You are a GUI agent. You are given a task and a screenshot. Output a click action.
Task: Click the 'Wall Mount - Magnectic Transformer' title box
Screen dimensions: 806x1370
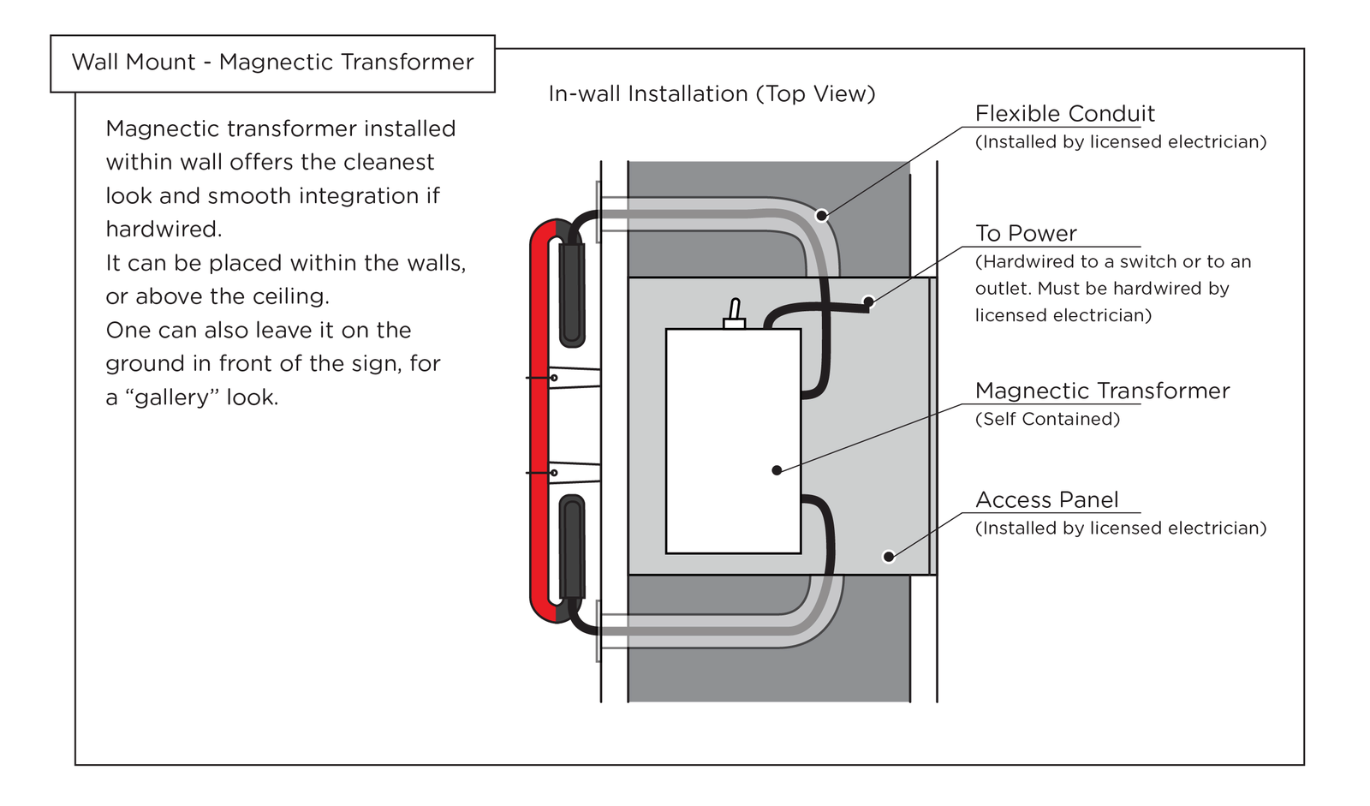272,63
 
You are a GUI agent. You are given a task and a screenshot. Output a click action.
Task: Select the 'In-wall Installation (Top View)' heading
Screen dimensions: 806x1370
712,93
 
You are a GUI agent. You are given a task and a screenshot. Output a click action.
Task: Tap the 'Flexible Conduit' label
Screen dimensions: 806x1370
1064,114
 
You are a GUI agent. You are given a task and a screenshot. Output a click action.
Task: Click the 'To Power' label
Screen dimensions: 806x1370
1026,233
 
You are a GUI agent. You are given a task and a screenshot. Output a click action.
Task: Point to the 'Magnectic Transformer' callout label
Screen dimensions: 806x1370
1102,391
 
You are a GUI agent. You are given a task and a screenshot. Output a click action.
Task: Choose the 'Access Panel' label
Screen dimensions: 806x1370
1046,499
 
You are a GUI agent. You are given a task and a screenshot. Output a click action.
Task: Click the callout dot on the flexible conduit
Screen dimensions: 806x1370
822,216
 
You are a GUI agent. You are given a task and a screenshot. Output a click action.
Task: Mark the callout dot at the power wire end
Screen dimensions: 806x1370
868,302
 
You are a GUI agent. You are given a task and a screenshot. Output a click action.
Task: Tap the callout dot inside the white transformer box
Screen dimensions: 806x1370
777,470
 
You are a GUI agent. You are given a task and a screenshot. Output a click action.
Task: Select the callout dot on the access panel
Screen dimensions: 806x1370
889,557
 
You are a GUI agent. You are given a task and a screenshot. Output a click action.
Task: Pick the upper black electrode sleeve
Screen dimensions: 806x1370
571,293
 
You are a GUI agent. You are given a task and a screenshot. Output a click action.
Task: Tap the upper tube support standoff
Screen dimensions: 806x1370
574,378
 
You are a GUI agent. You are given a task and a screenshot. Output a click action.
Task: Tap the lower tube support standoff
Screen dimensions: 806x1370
574,473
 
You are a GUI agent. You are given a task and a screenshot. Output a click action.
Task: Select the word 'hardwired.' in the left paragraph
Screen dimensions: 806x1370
164,230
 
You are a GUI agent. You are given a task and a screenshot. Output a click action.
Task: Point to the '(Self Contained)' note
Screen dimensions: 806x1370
1047,419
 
